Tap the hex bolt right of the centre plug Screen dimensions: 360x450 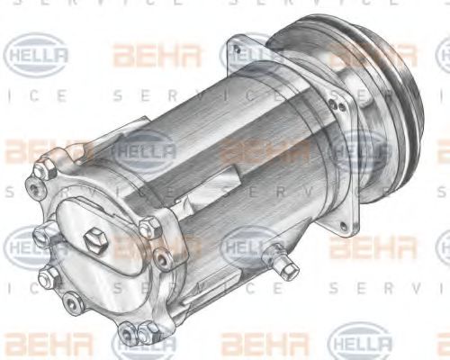point(164,259)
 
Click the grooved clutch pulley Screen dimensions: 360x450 point(378,99)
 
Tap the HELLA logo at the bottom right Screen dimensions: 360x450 point(360,342)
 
